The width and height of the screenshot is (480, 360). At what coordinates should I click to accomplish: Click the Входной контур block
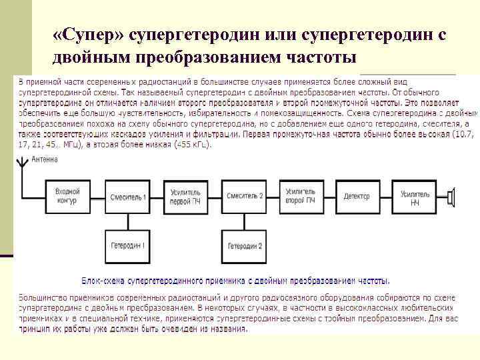pyautogui.click(x=67, y=196)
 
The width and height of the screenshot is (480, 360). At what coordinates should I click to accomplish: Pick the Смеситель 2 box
pyautogui.click(x=244, y=196)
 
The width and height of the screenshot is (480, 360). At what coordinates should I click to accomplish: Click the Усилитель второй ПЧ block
pyautogui.click(x=300, y=196)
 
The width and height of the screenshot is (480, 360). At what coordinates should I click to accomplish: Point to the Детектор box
pyautogui.click(x=357, y=196)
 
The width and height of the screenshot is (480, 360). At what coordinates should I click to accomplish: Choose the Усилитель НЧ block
pyautogui.click(x=415, y=196)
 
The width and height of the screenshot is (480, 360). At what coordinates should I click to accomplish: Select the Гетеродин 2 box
pyautogui.click(x=244, y=246)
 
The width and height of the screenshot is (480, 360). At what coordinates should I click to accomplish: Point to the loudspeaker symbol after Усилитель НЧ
pyautogui.click(x=451, y=196)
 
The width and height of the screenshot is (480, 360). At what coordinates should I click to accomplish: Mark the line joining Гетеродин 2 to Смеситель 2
pyautogui.click(x=244, y=221)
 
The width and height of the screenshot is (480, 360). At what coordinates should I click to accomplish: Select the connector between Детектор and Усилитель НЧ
pyautogui.click(x=385, y=196)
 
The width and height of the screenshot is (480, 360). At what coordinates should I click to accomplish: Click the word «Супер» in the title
pyautogui.click(x=88, y=33)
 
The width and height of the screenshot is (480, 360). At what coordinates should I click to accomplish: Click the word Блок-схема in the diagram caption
pyautogui.click(x=103, y=281)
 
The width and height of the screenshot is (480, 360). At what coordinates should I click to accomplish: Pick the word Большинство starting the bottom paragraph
pyautogui.click(x=41, y=296)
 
